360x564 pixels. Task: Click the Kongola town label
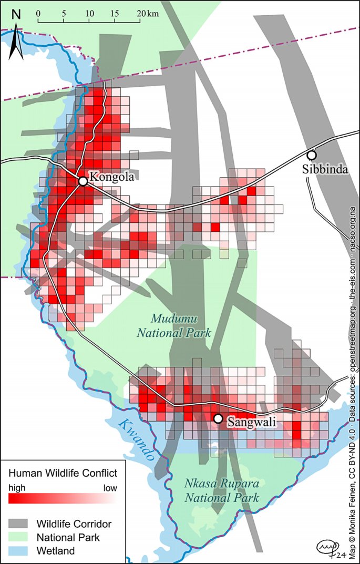[x=111, y=178]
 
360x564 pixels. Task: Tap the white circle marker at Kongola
[x=83, y=181]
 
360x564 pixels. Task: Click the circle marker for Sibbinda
[x=312, y=155]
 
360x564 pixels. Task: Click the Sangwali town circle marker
[x=218, y=419]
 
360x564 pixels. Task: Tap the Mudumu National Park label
[x=173, y=326]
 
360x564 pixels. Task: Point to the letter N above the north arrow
[x=16, y=15]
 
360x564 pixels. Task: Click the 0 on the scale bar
[x=38, y=13]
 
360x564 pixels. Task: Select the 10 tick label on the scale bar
[x=89, y=13]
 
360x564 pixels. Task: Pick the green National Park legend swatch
[x=19, y=537]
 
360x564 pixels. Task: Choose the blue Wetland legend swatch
[x=19, y=550]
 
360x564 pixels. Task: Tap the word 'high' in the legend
[x=17, y=487]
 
